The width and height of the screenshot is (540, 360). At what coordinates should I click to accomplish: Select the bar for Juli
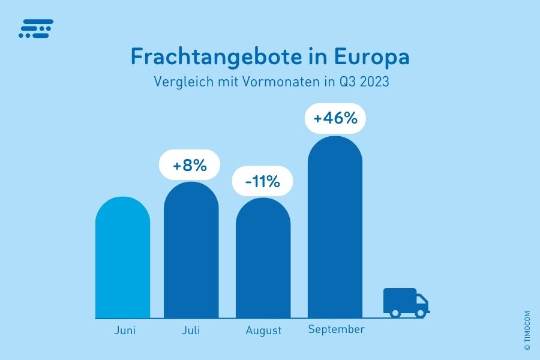pyautogui.click(x=191, y=252)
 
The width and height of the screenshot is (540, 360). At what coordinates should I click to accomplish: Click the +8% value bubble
pyautogui.click(x=190, y=164)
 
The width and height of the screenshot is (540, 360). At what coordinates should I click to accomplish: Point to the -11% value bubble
pyautogui.click(x=263, y=181)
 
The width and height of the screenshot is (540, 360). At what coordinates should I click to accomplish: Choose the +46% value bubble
pyautogui.click(x=335, y=118)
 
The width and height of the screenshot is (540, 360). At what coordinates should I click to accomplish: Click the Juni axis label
pyautogui.click(x=125, y=330)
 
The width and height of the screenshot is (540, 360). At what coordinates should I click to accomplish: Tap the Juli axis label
pyautogui.click(x=191, y=330)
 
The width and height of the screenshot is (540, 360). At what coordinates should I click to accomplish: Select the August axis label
pyautogui.click(x=263, y=331)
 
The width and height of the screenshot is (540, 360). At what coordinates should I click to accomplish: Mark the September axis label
pyautogui.click(x=336, y=329)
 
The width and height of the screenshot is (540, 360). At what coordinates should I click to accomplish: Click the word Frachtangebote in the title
pyautogui.click(x=221, y=58)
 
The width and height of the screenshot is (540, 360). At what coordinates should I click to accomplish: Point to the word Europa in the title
pyautogui.click(x=371, y=58)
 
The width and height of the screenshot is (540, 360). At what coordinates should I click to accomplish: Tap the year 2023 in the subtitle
pyautogui.click(x=373, y=82)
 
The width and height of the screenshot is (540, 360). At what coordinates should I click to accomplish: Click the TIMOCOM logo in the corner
pyautogui.click(x=36, y=28)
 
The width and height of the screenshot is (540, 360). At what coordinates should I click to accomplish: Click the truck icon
pyautogui.click(x=406, y=302)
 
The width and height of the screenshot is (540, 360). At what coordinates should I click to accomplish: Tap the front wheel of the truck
pyautogui.click(x=421, y=312)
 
